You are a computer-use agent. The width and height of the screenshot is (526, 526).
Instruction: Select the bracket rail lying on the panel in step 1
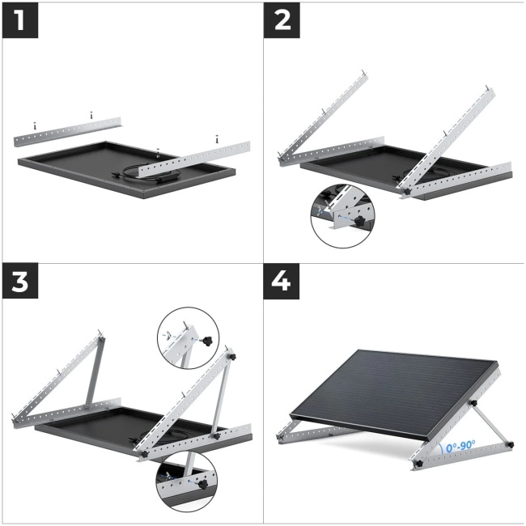coord(194,159)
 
